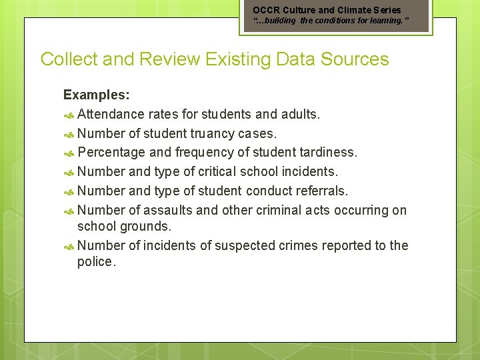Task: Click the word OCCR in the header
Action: point(266,10)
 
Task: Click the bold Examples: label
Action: point(96,95)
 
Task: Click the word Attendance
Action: point(111,115)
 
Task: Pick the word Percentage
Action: point(115,153)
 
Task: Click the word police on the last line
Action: point(96,262)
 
